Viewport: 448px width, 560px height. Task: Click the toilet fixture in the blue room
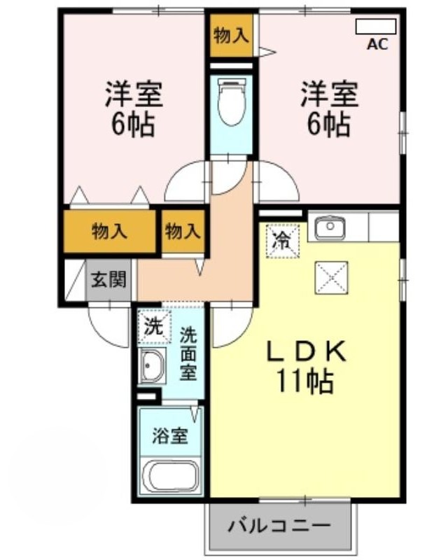point(232,101)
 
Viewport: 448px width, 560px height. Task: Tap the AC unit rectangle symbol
point(376,27)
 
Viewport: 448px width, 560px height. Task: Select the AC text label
point(377,44)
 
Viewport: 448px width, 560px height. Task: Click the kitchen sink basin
point(330,227)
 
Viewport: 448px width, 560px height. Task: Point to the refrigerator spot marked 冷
point(283,240)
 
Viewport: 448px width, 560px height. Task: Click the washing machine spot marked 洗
point(154,326)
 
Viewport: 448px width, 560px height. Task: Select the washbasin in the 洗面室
point(153,365)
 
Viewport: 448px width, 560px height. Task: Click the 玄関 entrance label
point(108,279)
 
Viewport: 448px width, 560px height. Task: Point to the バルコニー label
point(279,526)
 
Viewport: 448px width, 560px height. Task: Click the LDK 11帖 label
point(305,366)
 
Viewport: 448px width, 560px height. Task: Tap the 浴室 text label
point(170,435)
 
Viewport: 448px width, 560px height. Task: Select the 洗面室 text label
point(188,353)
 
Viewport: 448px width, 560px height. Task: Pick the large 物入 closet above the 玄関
point(109,232)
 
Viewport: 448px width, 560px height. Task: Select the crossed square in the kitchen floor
point(332,278)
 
